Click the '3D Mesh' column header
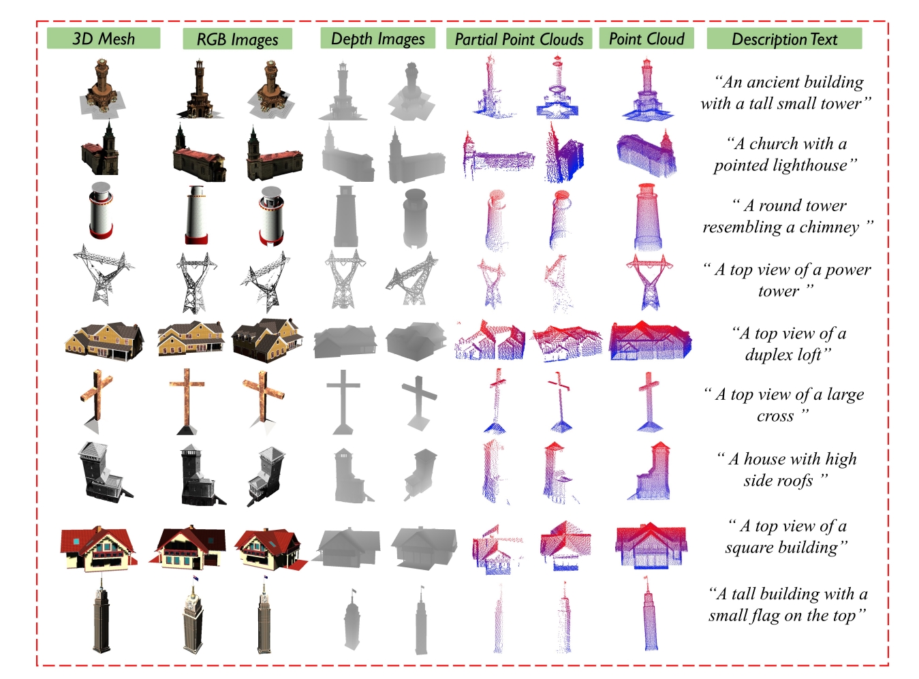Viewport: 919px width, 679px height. [103, 38]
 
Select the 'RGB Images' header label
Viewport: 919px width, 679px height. [238, 39]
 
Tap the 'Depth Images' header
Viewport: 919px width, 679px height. [378, 38]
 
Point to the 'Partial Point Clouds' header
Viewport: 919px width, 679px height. [518, 39]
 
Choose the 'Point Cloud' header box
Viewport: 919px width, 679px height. [647, 38]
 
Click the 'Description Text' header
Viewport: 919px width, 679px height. [784, 39]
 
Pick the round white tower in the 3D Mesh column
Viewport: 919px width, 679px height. [101, 210]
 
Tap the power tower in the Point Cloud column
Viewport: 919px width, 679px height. [649, 282]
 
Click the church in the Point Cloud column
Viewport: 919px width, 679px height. [647, 153]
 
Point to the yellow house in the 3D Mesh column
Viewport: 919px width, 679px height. [104, 341]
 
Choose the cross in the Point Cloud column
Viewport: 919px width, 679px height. [649, 401]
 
